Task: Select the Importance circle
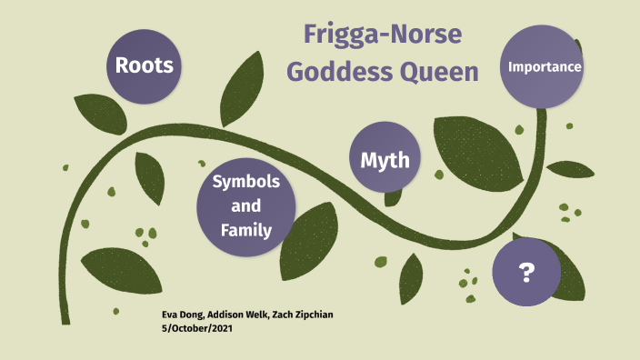544,67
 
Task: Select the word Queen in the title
444,73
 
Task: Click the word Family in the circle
246,230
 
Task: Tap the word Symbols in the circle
246,182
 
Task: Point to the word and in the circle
246,206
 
